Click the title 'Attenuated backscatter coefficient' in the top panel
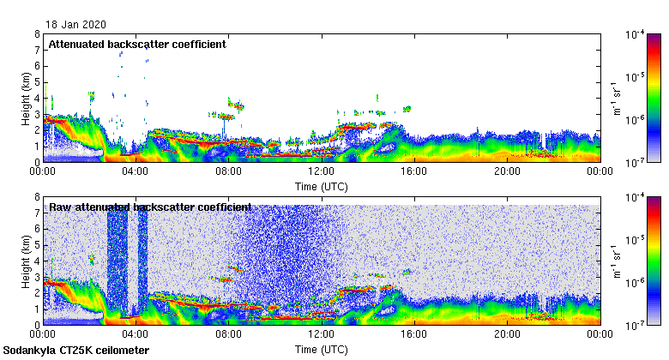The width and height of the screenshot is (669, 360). coord(137,45)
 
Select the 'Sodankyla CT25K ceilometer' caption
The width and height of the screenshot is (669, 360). coord(76,351)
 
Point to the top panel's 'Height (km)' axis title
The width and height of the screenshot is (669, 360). coord(26,98)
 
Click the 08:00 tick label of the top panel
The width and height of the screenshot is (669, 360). coord(228,171)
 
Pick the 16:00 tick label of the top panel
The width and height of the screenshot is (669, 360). coord(414,171)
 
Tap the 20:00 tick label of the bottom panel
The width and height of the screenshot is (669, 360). coord(507,334)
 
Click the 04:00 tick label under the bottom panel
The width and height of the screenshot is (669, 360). coord(136,334)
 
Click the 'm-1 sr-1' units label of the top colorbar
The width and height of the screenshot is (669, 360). coord(617,98)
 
